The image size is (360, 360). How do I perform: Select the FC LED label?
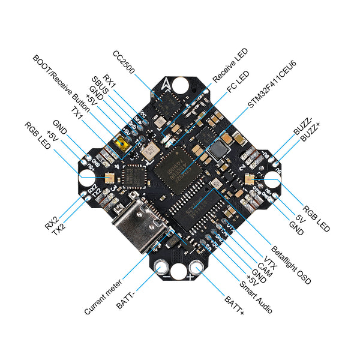(238, 85)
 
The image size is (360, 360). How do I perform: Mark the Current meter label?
(103, 297)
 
